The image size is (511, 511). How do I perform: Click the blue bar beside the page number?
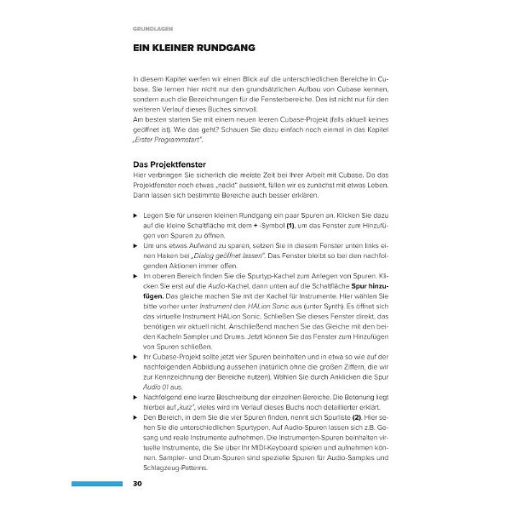[x=96, y=485]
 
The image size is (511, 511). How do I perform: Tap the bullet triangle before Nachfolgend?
[x=135, y=397]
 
